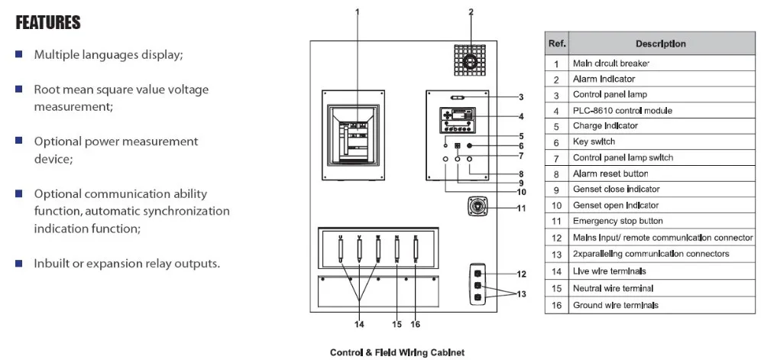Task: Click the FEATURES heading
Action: click(x=48, y=23)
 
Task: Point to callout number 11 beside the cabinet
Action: click(x=522, y=208)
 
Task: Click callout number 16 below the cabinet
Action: click(x=416, y=324)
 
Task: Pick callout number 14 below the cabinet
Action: click(x=359, y=324)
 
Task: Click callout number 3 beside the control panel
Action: click(x=520, y=97)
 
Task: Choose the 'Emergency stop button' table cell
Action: click(x=611, y=222)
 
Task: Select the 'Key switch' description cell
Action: click(x=594, y=141)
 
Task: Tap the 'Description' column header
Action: click(x=660, y=44)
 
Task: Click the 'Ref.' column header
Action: click(x=556, y=44)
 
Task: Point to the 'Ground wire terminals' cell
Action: click(x=615, y=305)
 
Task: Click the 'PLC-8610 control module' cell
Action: click(x=622, y=110)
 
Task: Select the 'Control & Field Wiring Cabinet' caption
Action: click(x=397, y=353)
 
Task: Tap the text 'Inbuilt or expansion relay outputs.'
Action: click(x=127, y=264)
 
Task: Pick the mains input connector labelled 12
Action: click(x=477, y=272)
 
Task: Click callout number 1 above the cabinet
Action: click(x=358, y=11)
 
